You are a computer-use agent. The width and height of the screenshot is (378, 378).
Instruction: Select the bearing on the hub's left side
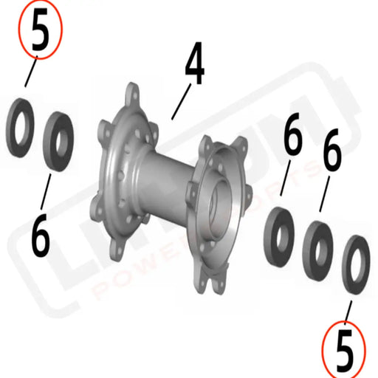(x=58, y=141)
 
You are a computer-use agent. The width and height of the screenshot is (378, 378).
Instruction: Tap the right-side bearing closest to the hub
(x=281, y=231)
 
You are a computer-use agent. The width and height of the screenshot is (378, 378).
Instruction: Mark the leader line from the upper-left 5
(x=30, y=74)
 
